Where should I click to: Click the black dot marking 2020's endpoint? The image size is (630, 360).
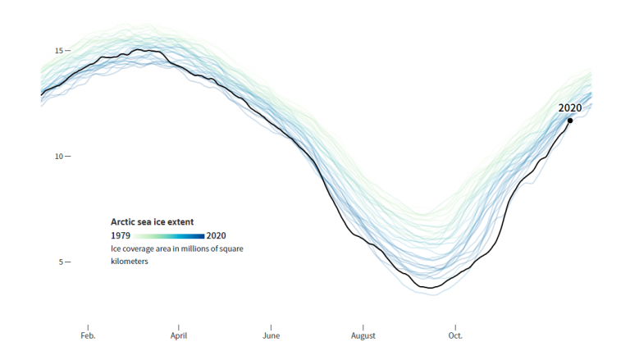point(570,121)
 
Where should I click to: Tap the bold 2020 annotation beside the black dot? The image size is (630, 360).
point(570,107)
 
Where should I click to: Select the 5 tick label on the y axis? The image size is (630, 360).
point(60,262)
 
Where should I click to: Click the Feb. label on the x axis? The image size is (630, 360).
point(88,335)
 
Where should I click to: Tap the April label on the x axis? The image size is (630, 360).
point(179,335)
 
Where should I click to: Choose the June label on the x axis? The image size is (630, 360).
point(272,335)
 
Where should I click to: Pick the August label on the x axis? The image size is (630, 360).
point(363,335)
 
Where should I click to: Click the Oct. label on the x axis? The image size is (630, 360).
point(455,335)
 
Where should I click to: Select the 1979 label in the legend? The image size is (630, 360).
point(121,235)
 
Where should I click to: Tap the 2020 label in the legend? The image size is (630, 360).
point(217,235)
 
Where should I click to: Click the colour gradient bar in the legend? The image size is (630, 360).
point(168,236)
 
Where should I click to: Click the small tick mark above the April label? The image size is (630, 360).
point(179,326)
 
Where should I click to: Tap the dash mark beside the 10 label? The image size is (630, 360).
point(68,157)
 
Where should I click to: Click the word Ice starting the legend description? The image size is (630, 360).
point(116,248)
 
